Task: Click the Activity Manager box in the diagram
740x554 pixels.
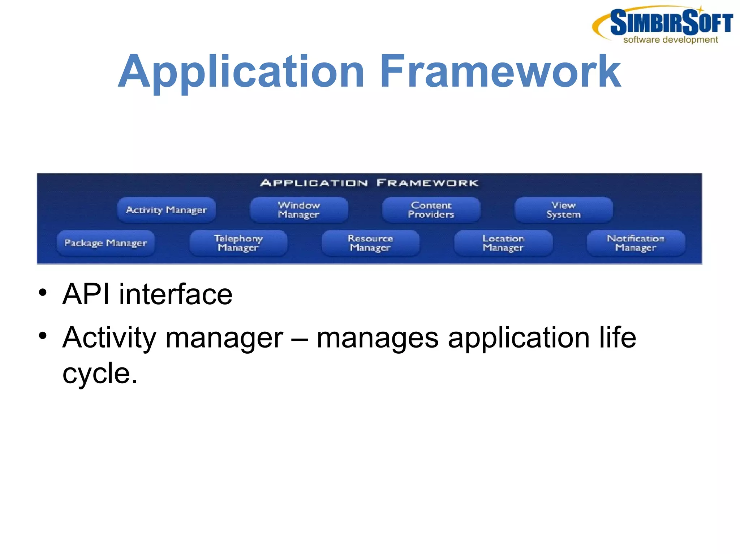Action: [166, 210]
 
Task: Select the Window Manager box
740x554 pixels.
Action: [299, 210]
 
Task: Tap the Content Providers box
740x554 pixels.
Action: [431, 210]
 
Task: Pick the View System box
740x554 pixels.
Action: [563, 210]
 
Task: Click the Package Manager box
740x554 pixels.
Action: [106, 243]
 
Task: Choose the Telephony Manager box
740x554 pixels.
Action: [238, 243]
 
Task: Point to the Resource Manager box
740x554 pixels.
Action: [370, 243]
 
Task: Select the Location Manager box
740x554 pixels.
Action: [503, 243]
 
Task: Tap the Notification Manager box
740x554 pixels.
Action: [636, 243]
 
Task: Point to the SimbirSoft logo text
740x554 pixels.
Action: [671, 22]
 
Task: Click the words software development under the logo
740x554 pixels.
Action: [670, 40]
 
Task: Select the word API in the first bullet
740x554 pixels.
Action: [86, 294]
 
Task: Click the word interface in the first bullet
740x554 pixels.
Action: [176, 294]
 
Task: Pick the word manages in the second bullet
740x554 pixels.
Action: [377, 338]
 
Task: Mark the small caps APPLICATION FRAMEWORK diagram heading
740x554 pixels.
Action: [369, 183]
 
